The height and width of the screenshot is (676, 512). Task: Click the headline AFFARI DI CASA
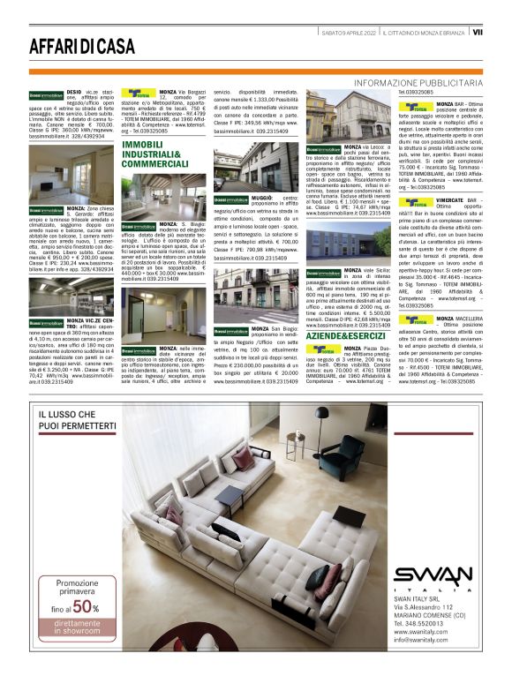(82, 46)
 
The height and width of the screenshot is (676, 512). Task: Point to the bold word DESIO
(76, 91)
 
